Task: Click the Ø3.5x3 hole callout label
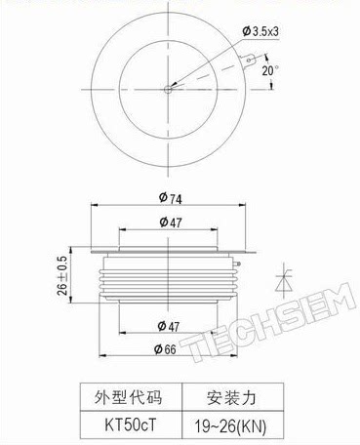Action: (260, 31)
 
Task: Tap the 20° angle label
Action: (270, 70)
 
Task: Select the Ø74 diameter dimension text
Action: (171, 198)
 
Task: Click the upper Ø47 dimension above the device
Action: (171, 222)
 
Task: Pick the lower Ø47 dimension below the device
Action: (169, 326)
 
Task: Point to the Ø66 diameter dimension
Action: (165, 349)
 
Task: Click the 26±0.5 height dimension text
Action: (62, 275)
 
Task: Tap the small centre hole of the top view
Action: (168, 89)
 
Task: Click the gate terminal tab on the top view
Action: (249, 61)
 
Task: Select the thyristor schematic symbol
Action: (284, 281)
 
